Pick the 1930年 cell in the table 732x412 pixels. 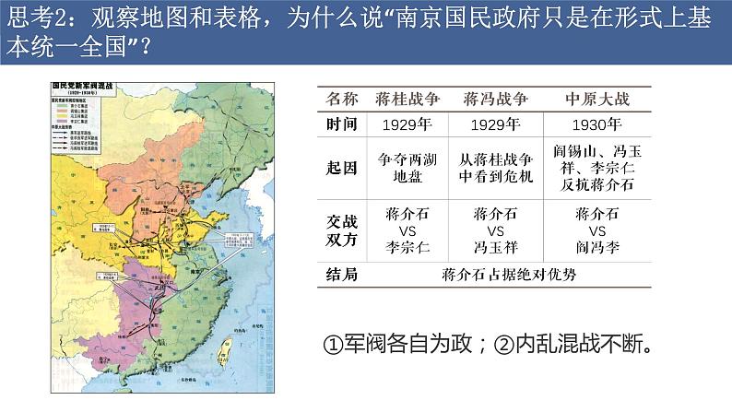coord(596,125)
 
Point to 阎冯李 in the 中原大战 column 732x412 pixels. coord(596,248)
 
